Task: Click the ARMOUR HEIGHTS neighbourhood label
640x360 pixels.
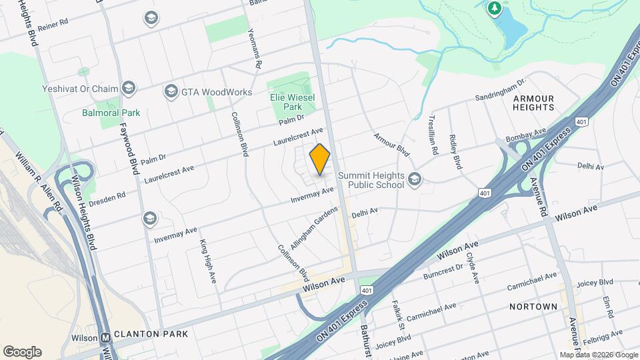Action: click(533, 103)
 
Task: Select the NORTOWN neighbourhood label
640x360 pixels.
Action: click(533, 307)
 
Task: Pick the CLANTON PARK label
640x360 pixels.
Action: click(151, 333)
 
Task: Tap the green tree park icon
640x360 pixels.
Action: click(494, 9)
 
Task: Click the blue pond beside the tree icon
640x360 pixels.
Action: click(513, 27)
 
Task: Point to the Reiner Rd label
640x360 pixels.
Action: click(53, 23)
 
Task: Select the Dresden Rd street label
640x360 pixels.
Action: click(107, 198)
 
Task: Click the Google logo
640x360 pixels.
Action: click(22, 352)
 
